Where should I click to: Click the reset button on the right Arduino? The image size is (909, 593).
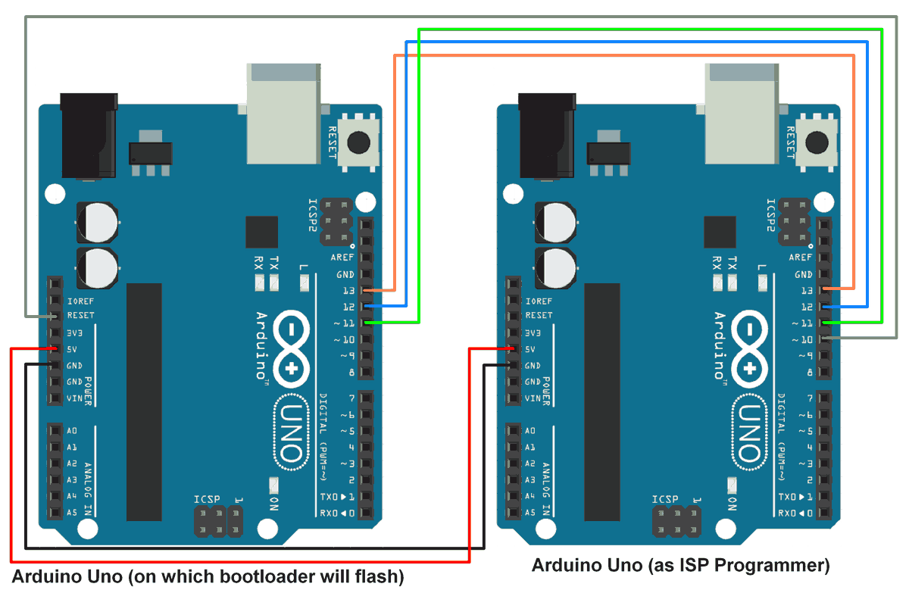[816, 142]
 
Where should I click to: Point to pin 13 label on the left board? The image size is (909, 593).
[348, 291]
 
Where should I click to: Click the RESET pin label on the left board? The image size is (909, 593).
[81, 316]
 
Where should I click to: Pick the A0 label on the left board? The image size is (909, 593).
[73, 431]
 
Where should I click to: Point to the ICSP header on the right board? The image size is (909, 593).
[676, 521]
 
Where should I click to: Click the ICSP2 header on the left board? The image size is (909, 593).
[337, 222]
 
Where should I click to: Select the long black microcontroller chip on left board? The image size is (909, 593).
[144, 401]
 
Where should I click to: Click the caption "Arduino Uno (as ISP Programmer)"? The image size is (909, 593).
[680, 565]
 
